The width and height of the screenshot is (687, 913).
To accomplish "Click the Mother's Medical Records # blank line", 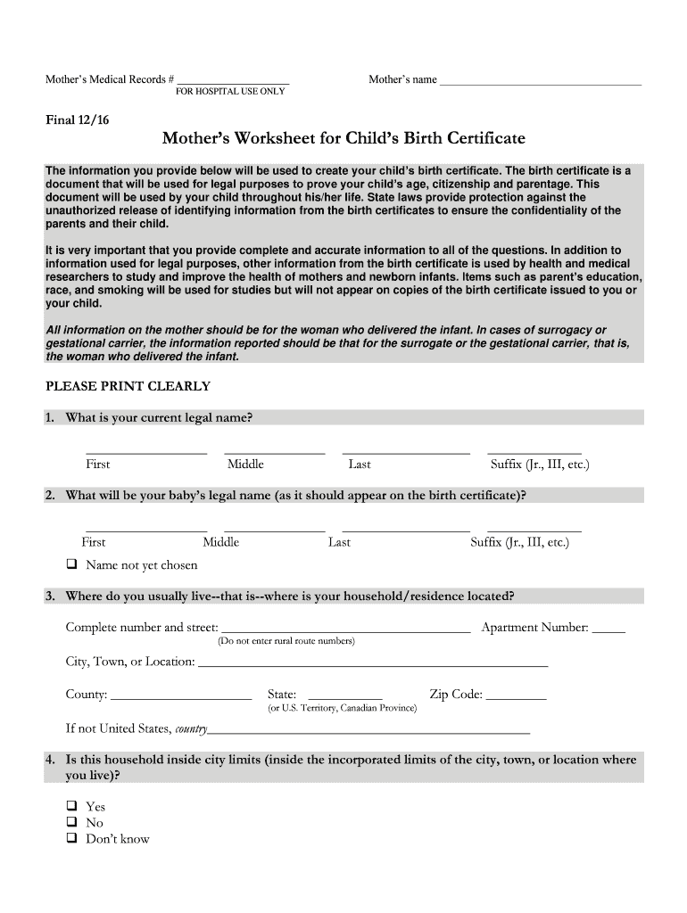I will [233, 81].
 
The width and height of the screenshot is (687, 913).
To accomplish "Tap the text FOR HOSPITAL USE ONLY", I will [230, 92].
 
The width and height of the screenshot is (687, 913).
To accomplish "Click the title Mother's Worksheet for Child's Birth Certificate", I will [343, 139].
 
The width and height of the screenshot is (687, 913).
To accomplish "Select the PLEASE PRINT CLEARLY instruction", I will [128, 387].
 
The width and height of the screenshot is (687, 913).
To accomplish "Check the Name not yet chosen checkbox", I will [71, 565].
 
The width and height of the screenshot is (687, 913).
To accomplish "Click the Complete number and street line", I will [345, 629].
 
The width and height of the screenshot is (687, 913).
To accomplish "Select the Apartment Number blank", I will [608, 629].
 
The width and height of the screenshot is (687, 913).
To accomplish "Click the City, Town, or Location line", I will [372, 663].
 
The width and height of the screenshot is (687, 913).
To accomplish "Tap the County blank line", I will [181, 696].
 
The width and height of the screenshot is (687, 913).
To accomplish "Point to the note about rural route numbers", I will [286, 641].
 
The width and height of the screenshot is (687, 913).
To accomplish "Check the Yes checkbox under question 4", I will [71, 807].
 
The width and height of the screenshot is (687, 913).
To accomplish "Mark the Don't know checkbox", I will [71, 839].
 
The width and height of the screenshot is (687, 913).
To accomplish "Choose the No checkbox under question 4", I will [71, 823].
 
